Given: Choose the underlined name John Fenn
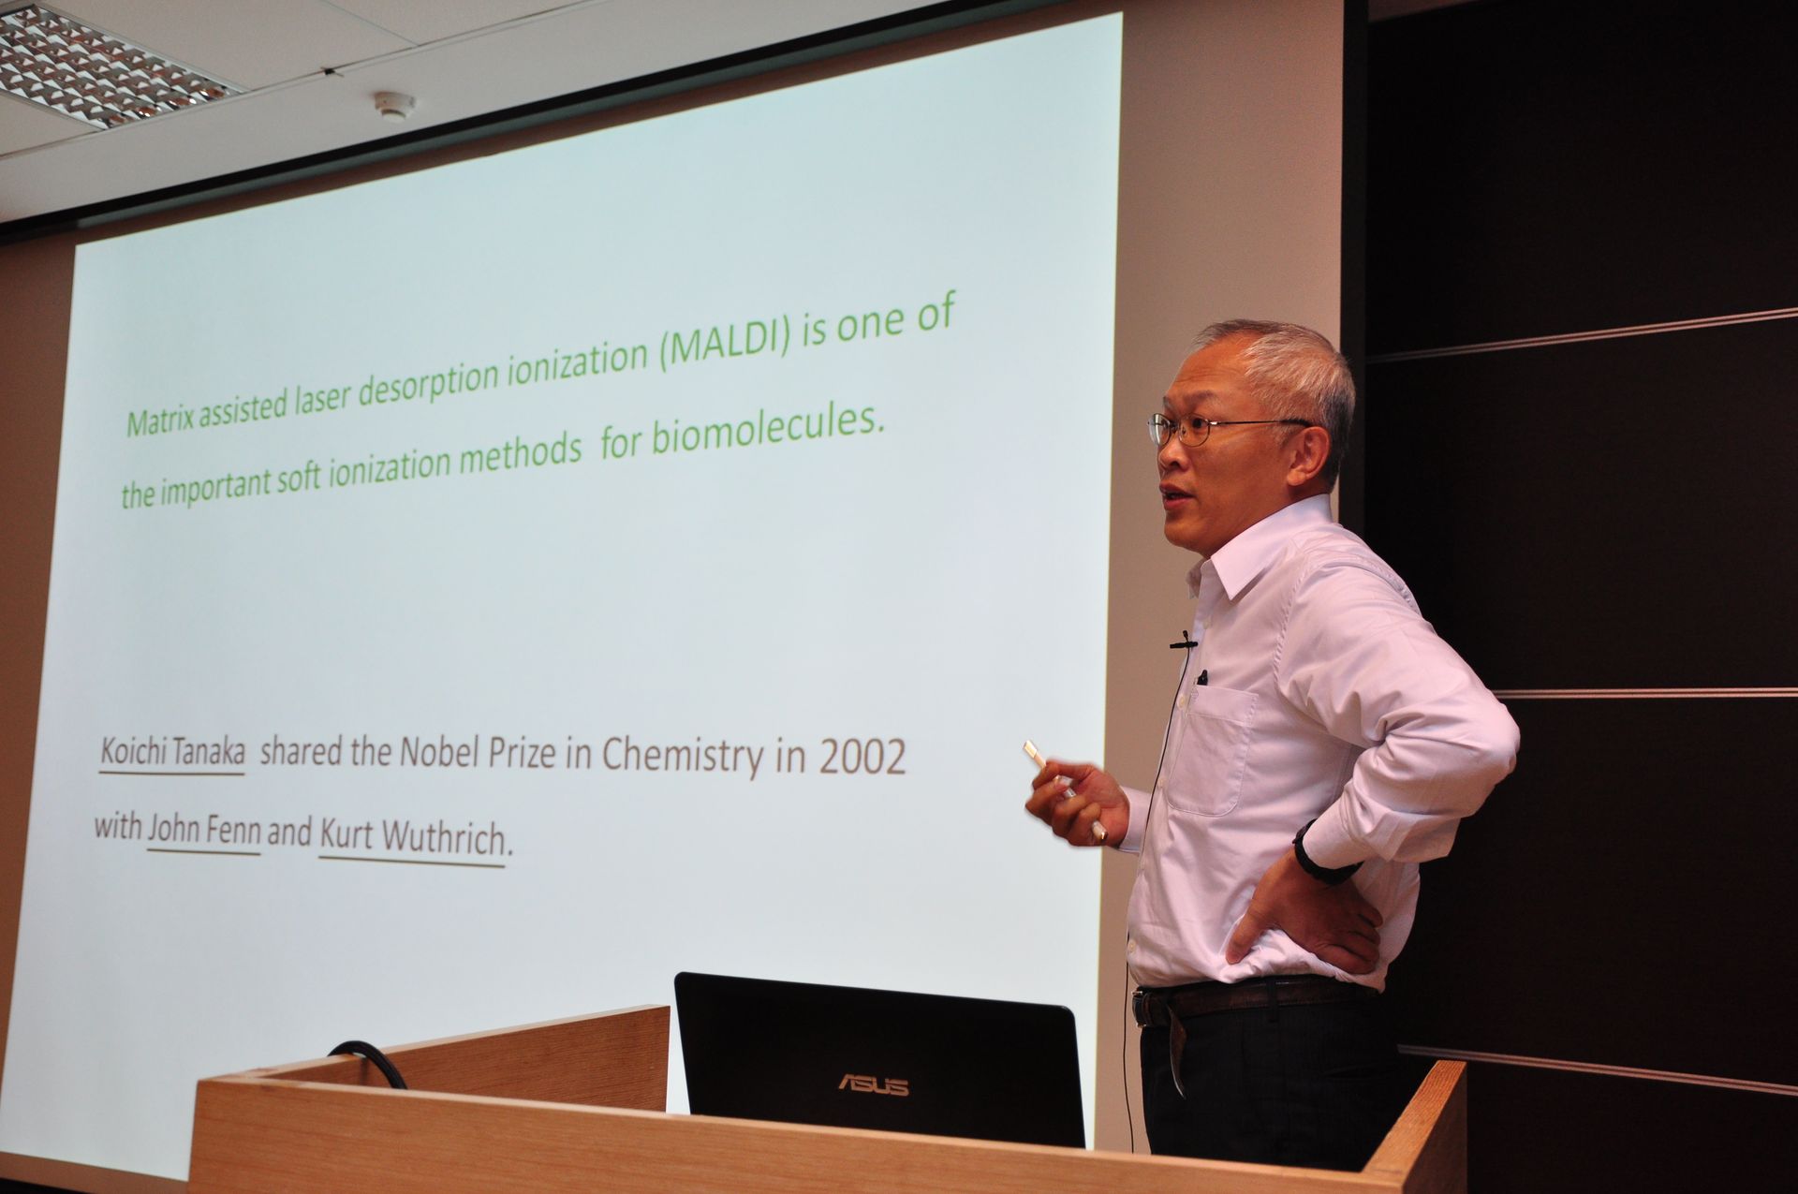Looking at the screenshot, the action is [x=204, y=832].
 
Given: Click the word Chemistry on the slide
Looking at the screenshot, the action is [x=682, y=757].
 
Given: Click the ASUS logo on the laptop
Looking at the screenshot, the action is [x=872, y=1085].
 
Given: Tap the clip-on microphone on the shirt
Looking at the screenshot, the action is [x=1185, y=642].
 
